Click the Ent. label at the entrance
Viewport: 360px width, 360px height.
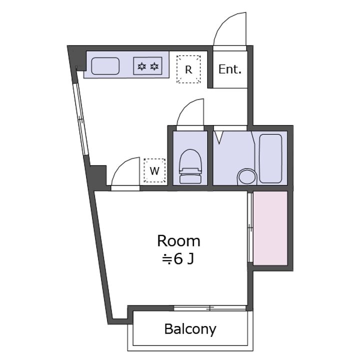[230, 69]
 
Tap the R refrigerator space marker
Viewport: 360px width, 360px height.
[188, 69]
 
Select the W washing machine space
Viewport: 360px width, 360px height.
[154, 170]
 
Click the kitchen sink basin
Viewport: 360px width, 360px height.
[105, 66]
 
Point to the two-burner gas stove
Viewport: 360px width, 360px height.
[148, 66]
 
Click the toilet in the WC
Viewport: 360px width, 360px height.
[190, 166]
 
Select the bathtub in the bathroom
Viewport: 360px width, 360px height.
[270, 158]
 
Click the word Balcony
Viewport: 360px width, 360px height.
[190, 329]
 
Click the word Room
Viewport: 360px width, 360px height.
[179, 241]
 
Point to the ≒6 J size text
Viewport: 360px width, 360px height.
[178, 259]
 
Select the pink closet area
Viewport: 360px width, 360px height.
[270, 228]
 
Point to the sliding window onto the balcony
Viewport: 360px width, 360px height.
[209, 308]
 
